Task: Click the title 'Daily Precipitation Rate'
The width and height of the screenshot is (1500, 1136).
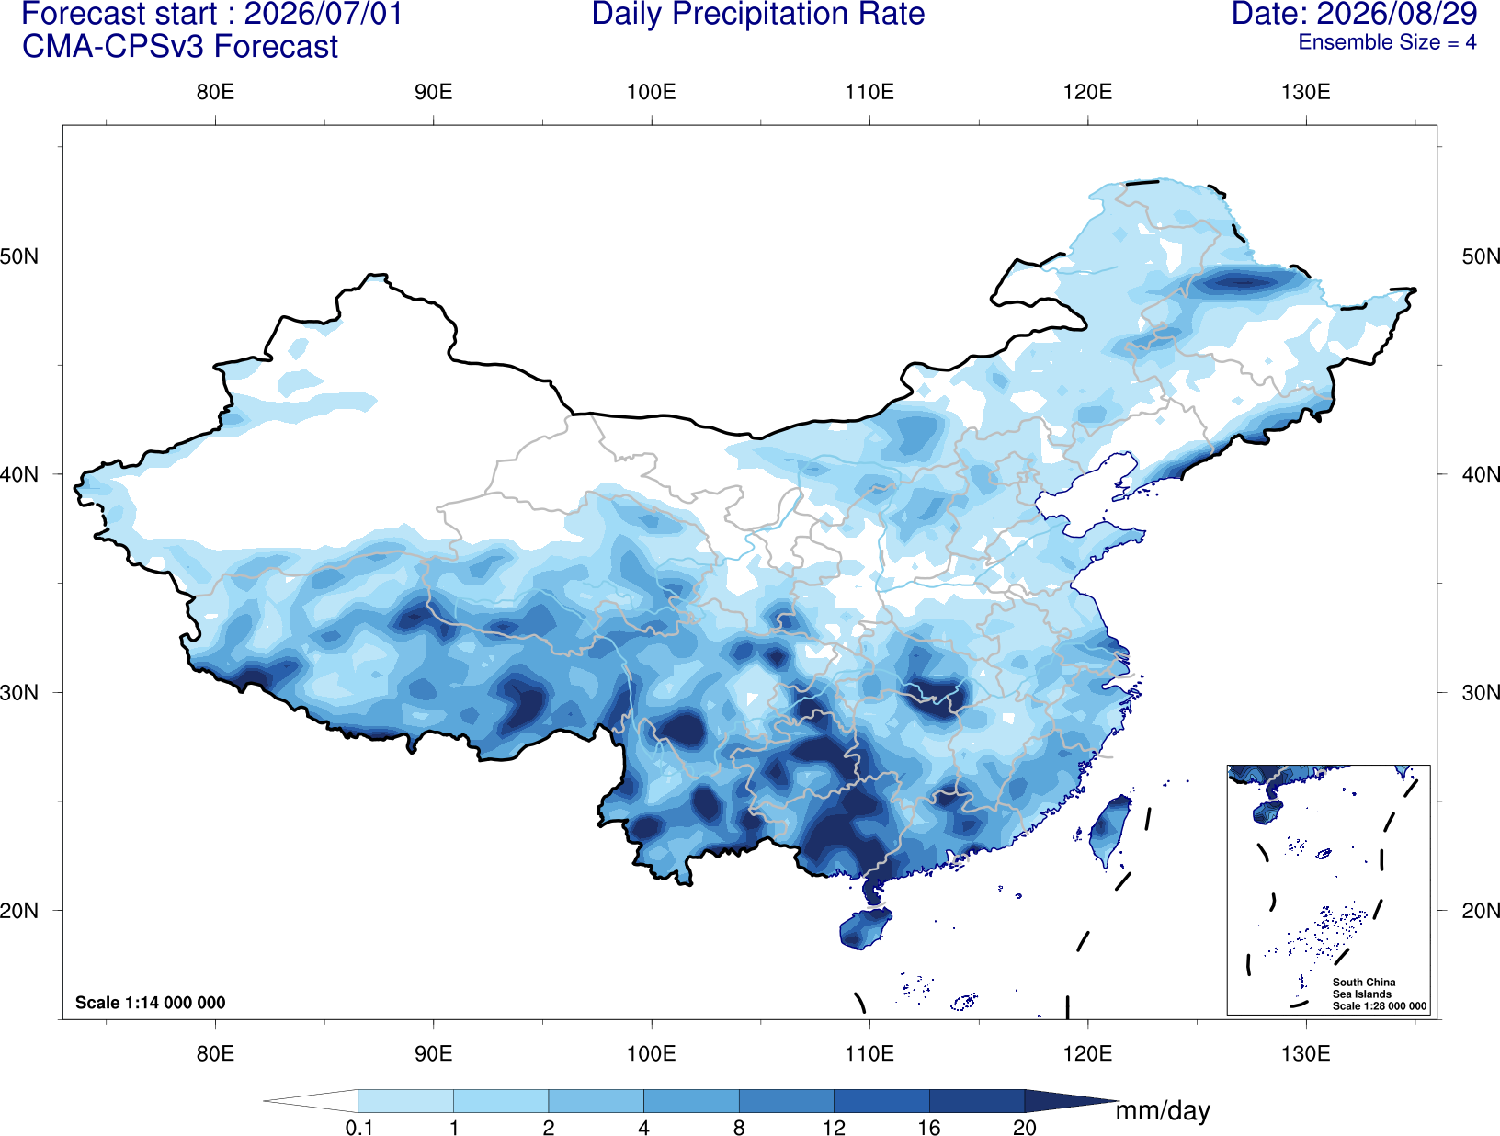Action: point(758,14)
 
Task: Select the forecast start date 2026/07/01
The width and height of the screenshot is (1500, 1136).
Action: point(324,14)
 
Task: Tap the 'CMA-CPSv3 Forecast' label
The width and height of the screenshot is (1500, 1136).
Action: point(180,47)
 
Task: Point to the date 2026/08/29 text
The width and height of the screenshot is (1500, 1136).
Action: point(1397,14)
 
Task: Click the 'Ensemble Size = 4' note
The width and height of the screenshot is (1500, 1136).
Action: point(1387,42)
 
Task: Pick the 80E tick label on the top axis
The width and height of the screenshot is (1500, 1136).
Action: point(215,92)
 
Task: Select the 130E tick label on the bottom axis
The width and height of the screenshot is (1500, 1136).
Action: point(1306,1053)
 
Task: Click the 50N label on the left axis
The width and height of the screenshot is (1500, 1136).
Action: point(19,256)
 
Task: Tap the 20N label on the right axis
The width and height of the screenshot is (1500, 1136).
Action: point(1480,910)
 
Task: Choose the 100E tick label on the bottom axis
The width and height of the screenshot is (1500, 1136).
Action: point(652,1053)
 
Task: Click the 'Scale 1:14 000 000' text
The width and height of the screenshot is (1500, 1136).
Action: point(151,1002)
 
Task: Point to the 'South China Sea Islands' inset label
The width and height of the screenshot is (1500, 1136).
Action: point(1364,988)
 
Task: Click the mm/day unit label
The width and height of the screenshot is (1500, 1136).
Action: point(1163,1111)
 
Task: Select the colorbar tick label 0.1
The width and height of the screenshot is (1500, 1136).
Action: point(358,1128)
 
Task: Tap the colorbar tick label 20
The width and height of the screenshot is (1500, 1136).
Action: point(1025,1128)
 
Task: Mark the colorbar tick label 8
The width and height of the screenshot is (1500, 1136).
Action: point(739,1128)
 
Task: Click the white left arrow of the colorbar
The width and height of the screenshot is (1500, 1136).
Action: point(311,1100)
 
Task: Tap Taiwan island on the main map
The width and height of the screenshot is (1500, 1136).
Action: point(1109,829)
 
